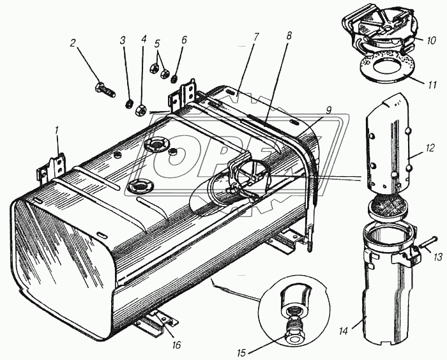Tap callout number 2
click(73, 43)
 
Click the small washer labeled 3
click(130, 104)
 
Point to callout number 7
click(255, 37)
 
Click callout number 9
click(329, 110)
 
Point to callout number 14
click(344, 331)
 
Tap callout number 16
click(177, 345)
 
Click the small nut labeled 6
click(174, 79)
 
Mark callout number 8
click(289, 36)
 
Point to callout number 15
click(241, 353)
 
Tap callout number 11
click(432, 85)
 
